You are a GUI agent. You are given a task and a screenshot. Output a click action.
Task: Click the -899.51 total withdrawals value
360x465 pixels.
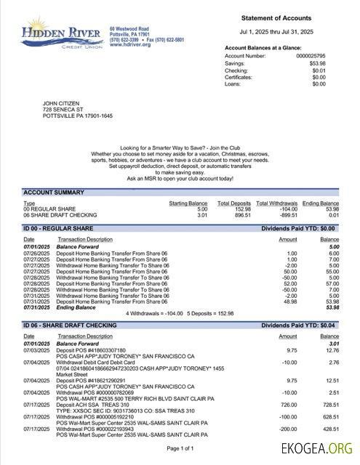click(x=277, y=215)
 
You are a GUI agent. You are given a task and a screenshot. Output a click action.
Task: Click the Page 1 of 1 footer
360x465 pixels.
click(x=180, y=448)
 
